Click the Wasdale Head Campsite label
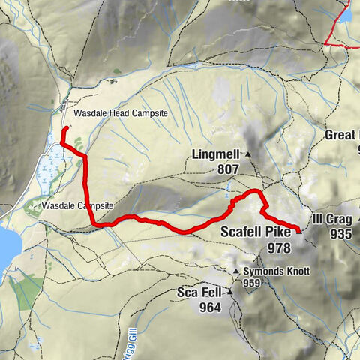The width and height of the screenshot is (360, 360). pyautogui.click(x=120, y=113)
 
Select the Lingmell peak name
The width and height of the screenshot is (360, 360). pyautogui.click(x=215, y=155)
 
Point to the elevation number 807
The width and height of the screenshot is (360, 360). pyautogui.click(x=228, y=169)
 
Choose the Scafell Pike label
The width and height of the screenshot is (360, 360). pyautogui.click(x=256, y=233)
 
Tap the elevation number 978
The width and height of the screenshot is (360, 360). pyautogui.click(x=278, y=247)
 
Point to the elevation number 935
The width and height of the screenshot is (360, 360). pyautogui.click(x=340, y=234)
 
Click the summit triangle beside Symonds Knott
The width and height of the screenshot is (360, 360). pyautogui.click(x=236, y=271)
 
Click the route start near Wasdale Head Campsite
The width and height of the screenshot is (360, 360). pyautogui.click(x=65, y=129)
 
